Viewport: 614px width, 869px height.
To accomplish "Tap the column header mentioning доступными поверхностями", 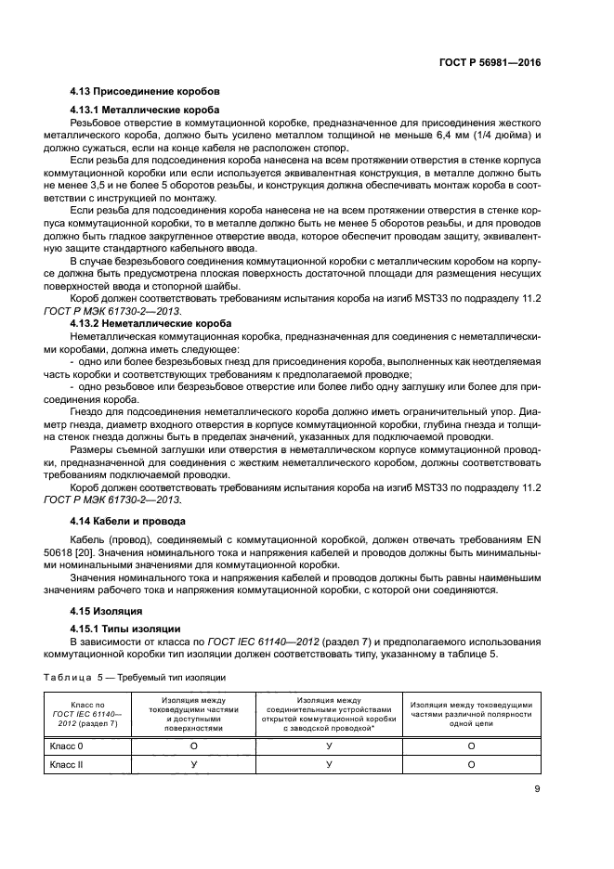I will [x=194, y=716].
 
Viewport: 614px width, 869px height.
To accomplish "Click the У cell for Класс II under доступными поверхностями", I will [x=194, y=764].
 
